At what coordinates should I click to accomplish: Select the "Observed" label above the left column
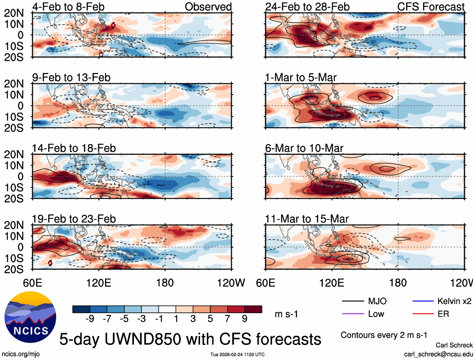(x=208, y=7)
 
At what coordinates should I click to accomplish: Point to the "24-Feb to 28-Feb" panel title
(x=307, y=7)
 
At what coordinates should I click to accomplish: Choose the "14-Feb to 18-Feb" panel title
(x=74, y=148)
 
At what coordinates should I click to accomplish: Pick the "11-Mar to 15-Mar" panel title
(x=307, y=219)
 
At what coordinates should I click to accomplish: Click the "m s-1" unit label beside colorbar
(x=286, y=314)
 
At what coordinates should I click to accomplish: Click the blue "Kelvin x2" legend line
(x=422, y=301)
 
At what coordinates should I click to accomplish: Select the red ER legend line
(x=422, y=314)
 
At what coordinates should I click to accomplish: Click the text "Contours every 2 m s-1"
(x=383, y=335)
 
